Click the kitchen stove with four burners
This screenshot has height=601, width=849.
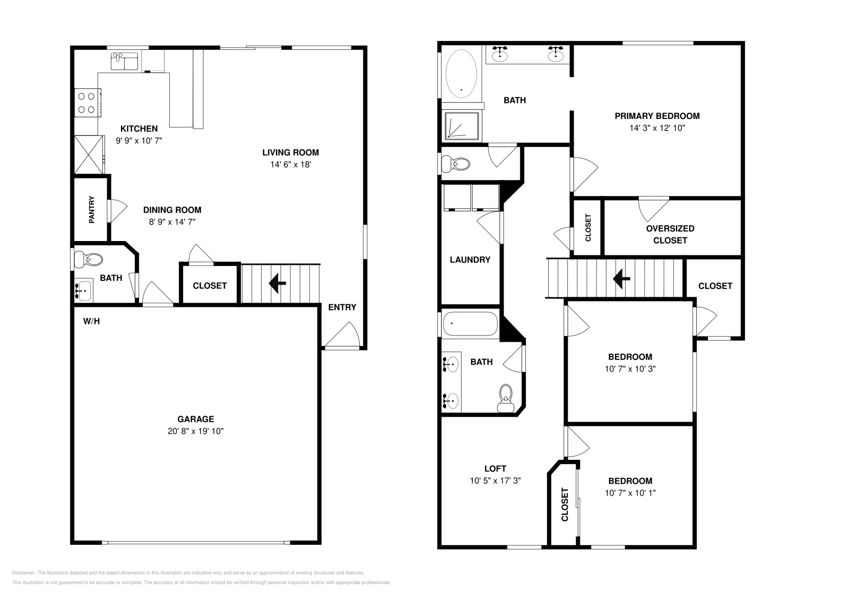(x=88, y=103)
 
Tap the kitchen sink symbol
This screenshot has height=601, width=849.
(x=124, y=61)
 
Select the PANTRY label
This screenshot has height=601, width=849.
(x=92, y=209)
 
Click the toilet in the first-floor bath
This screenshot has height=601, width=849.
(x=89, y=260)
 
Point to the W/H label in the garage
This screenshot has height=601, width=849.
(x=91, y=321)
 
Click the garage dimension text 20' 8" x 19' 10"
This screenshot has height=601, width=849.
(x=195, y=431)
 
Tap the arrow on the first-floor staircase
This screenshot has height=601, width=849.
(x=277, y=284)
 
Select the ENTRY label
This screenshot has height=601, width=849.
(x=342, y=307)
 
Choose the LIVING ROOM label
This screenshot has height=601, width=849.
(x=290, y=152)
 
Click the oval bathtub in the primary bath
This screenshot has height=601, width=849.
(x=462, y=74)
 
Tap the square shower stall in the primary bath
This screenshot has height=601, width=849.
(x=462, y=125)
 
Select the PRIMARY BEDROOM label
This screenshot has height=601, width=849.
(x=657, y=116)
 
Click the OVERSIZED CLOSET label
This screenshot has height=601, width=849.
(x=670, y=234)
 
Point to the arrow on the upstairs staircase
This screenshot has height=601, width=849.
(x=621, y=278)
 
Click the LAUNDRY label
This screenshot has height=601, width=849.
(x=470, y=260)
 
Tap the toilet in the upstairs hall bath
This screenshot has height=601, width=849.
(x=506, y=398)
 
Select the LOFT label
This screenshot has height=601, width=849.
(x=495, y=469)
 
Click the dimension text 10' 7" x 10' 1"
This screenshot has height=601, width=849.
(x=630, y=493)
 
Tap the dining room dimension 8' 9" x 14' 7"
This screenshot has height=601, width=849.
(x=172, y=222)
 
